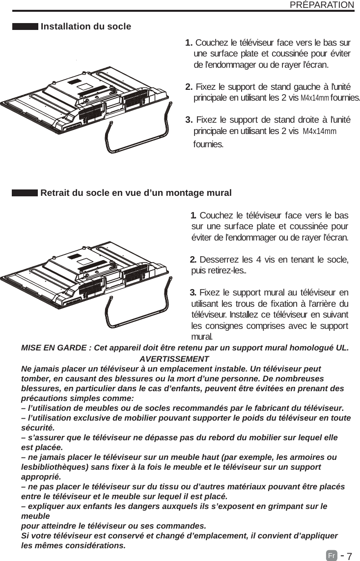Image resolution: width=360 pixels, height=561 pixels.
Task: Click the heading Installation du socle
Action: pos(86,26)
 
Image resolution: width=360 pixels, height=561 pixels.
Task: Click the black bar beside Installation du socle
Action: pos(25,26)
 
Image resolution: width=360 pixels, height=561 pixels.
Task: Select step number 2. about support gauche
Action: pos(189,87)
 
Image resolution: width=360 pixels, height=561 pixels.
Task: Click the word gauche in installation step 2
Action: pos(292,87)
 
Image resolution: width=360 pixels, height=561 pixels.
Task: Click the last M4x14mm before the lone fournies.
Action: pos(320,132)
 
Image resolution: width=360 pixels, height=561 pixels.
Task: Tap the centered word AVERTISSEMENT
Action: pos(174,359)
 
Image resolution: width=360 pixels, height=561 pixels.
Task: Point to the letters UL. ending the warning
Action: pos(342,348)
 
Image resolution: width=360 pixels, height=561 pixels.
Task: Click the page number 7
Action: pos(349,556)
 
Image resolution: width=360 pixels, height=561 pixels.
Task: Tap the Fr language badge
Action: pos(332,556)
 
